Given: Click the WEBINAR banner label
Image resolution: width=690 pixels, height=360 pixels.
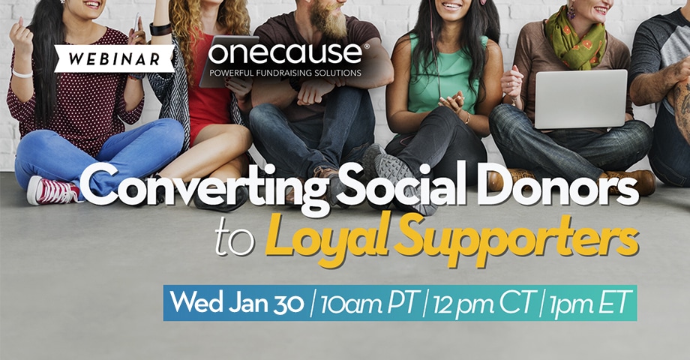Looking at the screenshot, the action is tap(115, 58).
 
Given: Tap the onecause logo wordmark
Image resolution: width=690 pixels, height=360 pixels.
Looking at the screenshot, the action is tap(285, 53).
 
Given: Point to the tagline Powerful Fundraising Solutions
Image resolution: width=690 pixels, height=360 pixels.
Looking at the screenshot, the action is tap(285, 73).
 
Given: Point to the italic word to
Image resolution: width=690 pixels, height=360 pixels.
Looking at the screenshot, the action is tap(235, 242).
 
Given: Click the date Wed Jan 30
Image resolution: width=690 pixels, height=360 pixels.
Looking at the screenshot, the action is tap(237, 303).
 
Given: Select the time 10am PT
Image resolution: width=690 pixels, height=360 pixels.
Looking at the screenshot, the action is tap(368, 304).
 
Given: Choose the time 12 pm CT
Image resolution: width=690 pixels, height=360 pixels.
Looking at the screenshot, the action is tap(483, 304).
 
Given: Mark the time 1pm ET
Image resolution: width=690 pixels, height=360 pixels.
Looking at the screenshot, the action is tap(588, 303).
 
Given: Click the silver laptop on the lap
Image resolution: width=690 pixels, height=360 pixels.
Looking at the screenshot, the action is tap(580, 99).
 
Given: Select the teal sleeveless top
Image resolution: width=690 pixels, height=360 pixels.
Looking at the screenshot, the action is tap(445, 75).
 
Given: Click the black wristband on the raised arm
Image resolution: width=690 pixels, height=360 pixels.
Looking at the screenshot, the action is tap(160, 29).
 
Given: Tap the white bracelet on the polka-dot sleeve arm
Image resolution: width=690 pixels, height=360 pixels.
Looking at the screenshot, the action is tap(22, 74).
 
